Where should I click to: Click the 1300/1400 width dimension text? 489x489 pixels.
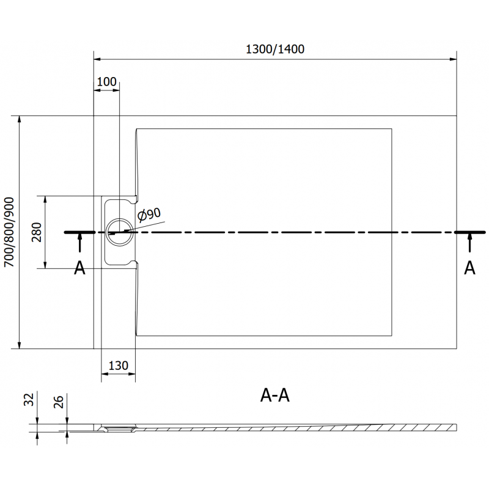point(275,50)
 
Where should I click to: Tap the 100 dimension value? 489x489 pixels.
point(106,82)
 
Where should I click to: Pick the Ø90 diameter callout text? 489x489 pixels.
point(150,215)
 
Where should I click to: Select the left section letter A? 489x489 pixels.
point(79,268)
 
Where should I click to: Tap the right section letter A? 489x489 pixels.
point(469,268)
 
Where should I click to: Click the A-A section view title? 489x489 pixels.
point(275,396)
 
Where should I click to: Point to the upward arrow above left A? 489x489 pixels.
point(79,243)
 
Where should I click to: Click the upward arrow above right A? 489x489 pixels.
point(469,243)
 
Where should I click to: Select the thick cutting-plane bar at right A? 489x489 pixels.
point(470,232)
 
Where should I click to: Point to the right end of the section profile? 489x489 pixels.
point(455,426)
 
